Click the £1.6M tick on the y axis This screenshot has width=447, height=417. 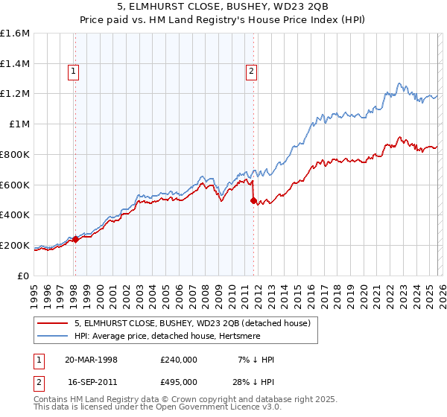pyautogui.click(x=15, y=34)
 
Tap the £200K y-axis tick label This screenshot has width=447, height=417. pyautogui.click(x=15, y=245)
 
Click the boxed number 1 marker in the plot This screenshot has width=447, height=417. pyautogui.click(x=74, y=71)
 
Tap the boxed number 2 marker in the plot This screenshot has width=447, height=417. pyautogui.click(x=251, y=71)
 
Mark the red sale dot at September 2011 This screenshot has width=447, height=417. pyautogui.click(x=254, y=200)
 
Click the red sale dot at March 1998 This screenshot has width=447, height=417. pyautogui.click(x=76, y=239)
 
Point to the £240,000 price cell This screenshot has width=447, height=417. pyautogui.click(x=178, y=360)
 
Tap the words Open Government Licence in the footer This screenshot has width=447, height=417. pyautogui.click(x=212, y=409)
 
